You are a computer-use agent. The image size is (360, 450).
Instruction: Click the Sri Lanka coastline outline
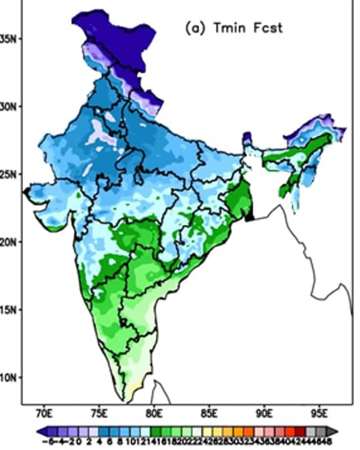click(160, 388)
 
